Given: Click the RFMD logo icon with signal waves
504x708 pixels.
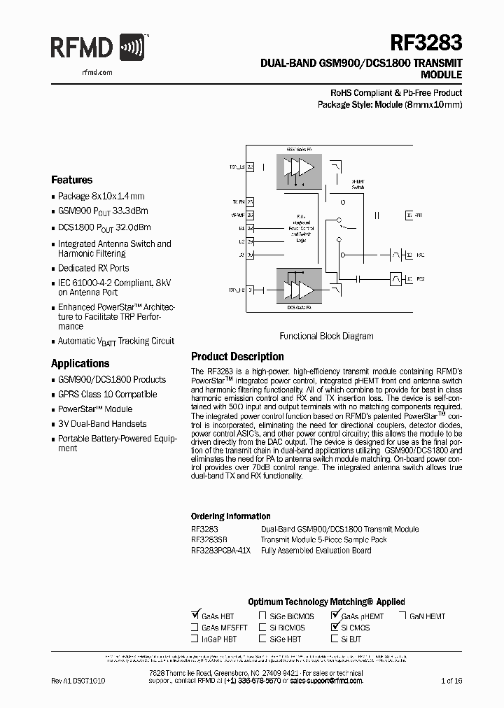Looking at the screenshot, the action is point(134,49).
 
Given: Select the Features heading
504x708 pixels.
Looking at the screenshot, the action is point(71,180).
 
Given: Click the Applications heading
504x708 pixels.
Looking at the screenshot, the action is point(80,364).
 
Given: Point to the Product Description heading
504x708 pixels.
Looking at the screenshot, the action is point(237,357).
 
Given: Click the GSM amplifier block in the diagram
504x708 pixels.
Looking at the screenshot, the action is point(299,169).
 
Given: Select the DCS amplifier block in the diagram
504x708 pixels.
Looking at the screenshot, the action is point(298,288).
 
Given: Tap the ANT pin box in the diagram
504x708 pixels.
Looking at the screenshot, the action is point(409,217).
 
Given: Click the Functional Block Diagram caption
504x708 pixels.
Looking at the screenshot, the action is point(326,336).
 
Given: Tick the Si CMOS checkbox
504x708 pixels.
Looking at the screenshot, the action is point(335,628).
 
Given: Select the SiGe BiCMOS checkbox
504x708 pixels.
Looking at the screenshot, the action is point(262,616).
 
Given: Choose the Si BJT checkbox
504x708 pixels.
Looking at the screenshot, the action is point(335,639).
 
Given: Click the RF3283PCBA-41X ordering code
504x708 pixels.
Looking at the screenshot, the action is point(220,551).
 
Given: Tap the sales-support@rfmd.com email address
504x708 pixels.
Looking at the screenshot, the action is point(326,680).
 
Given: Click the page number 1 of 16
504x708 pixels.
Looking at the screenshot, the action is point(452,680).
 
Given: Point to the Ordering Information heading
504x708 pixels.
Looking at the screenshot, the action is point(230,516).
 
